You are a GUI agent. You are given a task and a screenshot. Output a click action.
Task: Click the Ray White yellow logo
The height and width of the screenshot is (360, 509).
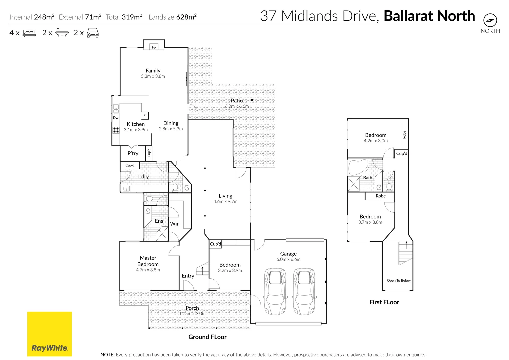pyautogui.click(x=49, y=334)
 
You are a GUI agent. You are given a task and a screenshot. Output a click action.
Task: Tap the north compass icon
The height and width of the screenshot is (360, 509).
pyautogui.click(x=490, y=20)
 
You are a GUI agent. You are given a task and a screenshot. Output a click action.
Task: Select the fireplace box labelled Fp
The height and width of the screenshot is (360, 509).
pyautogui.click(x=154, y=47)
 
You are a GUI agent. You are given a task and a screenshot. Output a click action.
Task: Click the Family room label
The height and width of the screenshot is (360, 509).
pyautogui.click(x=153, y=71)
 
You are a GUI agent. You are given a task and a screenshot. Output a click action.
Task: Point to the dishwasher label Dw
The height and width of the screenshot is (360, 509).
pyautogui.click(x=116, y=118)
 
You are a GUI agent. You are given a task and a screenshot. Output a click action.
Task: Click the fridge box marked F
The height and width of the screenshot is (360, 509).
pyautogui.click(x=145, y=115)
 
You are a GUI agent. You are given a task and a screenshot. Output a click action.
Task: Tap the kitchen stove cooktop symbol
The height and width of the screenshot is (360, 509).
pyautogui.click(x=116, y=130)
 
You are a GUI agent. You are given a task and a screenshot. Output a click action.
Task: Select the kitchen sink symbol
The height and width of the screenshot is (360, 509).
pyautogui.click(x=116, y=108)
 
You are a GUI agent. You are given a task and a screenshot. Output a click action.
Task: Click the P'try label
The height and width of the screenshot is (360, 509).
pyautogui.click(x=133, y=153)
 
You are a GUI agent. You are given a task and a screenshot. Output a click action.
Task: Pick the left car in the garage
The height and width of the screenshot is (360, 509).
pyautogui.click(x=275, y=291)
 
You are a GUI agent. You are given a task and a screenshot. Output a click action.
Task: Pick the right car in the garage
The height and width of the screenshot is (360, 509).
pyautogui.click(x=304, y=291)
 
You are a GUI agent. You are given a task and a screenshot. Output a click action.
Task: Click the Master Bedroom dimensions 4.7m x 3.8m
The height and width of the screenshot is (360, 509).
pyautogui.click(x=148, y=270)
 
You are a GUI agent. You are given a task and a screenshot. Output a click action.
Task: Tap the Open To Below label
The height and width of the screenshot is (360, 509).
pyautogui.click(x=399, y=280)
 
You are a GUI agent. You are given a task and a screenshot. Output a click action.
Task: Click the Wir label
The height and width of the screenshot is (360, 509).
pyautogui.click(x=174, y=224)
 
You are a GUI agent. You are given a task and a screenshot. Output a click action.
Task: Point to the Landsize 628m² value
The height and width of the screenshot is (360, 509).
pyautogui.click(x=186, y=17)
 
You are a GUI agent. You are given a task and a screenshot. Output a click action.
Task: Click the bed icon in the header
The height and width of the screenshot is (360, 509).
pyautogui.click(x=29, y=33)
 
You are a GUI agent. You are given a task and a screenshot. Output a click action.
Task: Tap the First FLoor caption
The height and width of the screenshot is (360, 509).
pyautogui.click(x=384, y=302)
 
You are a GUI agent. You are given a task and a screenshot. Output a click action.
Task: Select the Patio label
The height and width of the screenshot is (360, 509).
pyautogui.click(x=237, y=101)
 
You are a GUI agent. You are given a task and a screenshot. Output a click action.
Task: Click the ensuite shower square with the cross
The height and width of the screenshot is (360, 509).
pyautogui.click(x=162, y=234)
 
